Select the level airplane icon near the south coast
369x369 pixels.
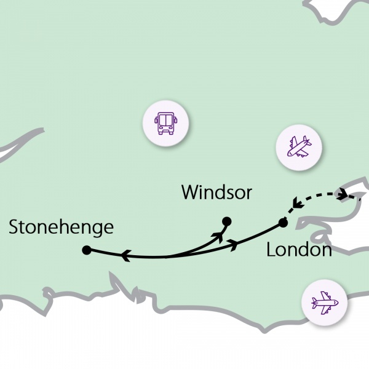(324, 303)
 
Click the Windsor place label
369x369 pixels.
(216, 192)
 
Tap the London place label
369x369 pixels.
(299, 250)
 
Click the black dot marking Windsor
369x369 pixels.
(226, 221)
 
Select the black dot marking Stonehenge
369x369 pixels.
(87, 250)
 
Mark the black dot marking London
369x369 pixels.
(282, 222)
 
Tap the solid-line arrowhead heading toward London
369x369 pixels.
(234, 245)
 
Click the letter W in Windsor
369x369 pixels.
(189, 192)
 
